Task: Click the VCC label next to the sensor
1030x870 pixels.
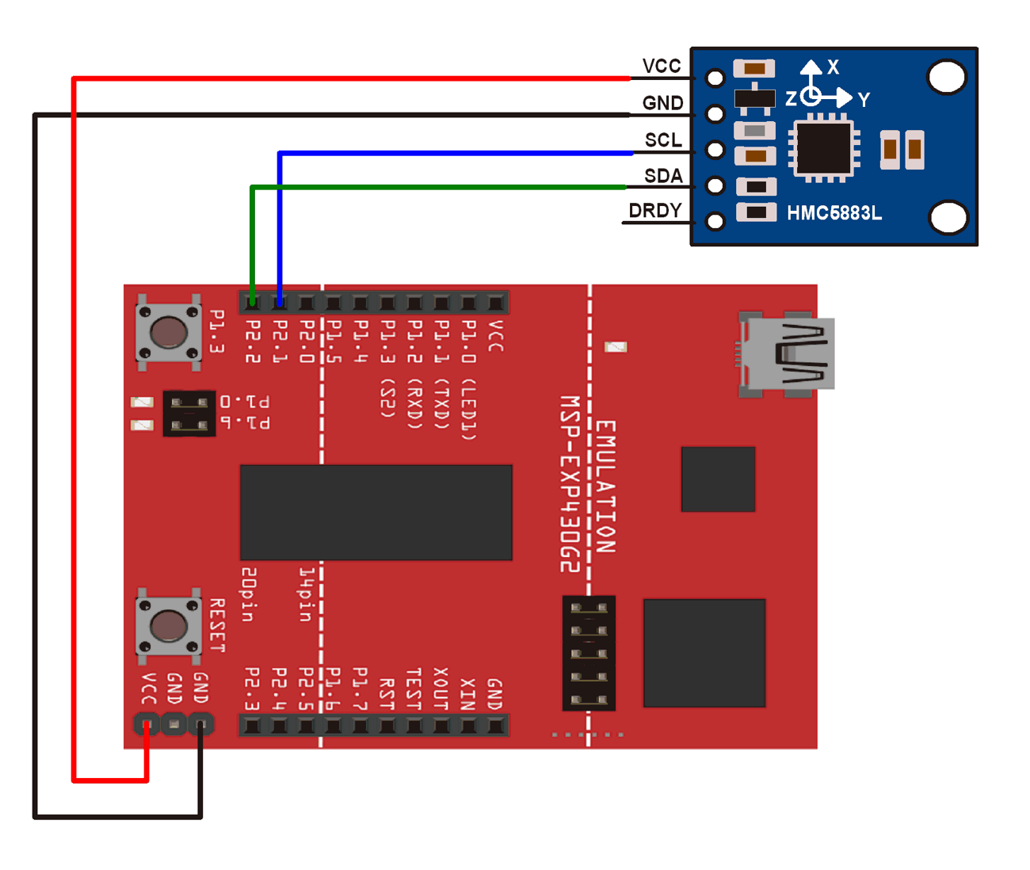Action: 662,66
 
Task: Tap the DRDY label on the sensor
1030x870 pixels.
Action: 654,211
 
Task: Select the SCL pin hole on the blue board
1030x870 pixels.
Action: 715,150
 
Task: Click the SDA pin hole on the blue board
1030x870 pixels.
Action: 715,185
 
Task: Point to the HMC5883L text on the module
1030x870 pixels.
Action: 834,213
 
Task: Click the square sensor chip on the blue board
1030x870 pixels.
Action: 824,147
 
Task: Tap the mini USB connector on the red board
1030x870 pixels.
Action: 786,353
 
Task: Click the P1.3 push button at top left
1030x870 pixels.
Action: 168,332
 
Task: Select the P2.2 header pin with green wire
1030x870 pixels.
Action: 252,303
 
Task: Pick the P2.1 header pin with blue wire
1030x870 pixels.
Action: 280,303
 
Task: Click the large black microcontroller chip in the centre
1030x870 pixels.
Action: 376,513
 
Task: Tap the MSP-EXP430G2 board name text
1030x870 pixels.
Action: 570,483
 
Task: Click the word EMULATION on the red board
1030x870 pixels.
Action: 605,486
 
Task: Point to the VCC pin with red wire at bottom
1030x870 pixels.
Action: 147,723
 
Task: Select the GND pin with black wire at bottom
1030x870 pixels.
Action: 200,723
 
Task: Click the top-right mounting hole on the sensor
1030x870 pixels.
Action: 946,77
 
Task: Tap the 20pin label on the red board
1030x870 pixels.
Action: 248,594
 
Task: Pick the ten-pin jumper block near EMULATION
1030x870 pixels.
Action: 589,653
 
